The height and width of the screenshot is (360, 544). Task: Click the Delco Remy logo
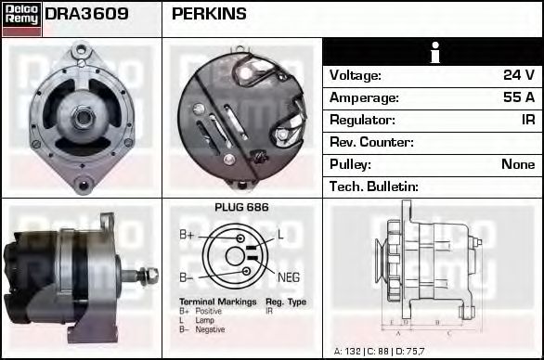point(21,19)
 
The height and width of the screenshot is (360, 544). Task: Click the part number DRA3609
point(86,15)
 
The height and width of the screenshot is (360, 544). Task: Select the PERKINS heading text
point(209,15)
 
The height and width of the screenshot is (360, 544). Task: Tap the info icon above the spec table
point(433,52)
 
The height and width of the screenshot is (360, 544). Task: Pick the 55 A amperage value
point(518,97)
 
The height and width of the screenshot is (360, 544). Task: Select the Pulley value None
point(518,164)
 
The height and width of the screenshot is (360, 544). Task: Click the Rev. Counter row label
point(371,142)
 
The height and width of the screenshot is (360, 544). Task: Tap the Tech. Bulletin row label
point(374,186)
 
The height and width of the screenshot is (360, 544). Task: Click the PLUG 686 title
point(241,208)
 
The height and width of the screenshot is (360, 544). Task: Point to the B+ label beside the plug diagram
point(187,236)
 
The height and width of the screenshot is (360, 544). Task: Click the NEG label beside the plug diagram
point(289,276)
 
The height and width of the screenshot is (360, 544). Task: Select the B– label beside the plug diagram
point(186,276)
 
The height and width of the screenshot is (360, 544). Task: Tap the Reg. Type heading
point(285,303)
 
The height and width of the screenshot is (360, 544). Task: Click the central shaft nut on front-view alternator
point(83,116)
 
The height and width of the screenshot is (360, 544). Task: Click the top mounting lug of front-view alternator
point(81,51)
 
